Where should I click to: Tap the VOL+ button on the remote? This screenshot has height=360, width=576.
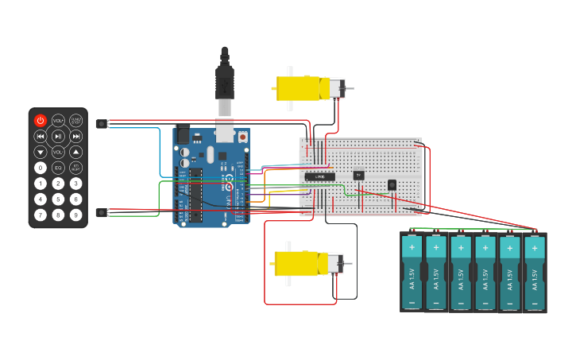(x=58, y=121)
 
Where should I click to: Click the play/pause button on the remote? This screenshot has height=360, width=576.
(x=58, y=137)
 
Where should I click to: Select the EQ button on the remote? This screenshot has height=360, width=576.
(x=58, y=168)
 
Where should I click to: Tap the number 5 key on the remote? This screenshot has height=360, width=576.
(x=58, y=199)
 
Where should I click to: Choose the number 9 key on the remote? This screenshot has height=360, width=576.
(x=75, y=215)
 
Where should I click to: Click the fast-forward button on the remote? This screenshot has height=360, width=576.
(x=75, y=137)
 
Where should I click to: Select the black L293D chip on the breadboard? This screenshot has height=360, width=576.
(x=319, y=176)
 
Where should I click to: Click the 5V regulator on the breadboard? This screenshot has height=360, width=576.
(x=358, y=175)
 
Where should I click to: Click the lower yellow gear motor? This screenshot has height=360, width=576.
(x=306, y=263)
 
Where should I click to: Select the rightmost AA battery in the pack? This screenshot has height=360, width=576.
(x=535, y=272)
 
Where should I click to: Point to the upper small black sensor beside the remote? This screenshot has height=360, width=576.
(x=100, y=123)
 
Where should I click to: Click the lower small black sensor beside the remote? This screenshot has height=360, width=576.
(x=100, y=212)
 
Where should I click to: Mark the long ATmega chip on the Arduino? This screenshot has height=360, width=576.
(x=195, y=194)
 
